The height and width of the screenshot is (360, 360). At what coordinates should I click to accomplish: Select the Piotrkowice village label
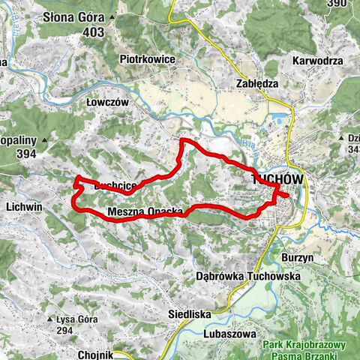tap(147, 58)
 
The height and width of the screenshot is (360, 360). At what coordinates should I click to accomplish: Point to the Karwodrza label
tap(318, 60)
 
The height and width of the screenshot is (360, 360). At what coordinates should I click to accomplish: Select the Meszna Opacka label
tap(145, 212)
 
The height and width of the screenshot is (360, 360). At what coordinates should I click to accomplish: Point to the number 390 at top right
tap(337, 4)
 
